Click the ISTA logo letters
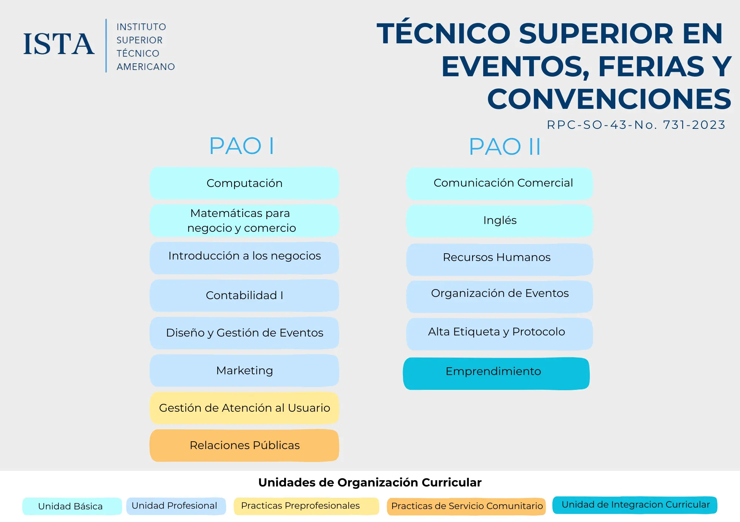59,44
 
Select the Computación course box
244,183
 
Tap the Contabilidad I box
244,295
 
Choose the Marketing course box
244,371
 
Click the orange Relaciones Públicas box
244,445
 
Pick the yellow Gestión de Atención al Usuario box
244,408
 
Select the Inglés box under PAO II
499,221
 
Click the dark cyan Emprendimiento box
496,374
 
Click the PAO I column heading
242,146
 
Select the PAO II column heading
505,147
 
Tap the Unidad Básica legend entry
72,506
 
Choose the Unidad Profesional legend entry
176,506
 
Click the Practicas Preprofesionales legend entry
306,506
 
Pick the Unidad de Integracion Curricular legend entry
635,505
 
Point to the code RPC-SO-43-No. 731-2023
636,125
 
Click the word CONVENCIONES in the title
609,99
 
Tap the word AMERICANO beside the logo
146,67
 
